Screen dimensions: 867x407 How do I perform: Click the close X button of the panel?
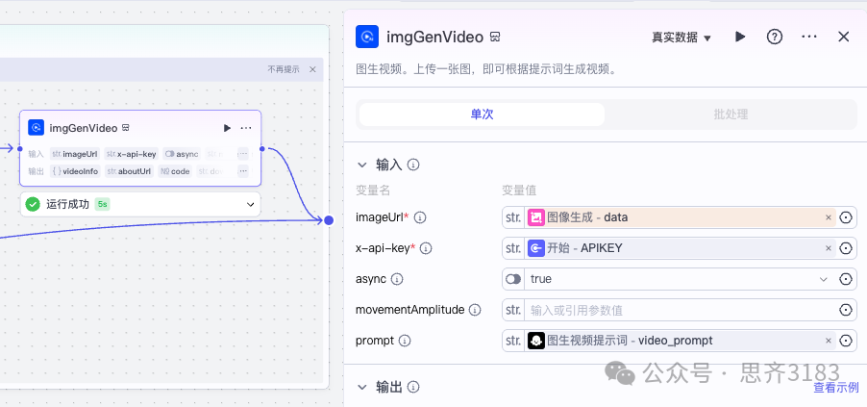844,37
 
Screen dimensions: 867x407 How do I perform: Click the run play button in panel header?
740,37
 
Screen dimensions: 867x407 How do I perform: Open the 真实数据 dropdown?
681,38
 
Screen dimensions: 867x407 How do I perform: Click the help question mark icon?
774,37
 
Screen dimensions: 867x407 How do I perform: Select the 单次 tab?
482,114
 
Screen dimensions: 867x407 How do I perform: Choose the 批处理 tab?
731,114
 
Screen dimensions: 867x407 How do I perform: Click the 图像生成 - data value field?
673,217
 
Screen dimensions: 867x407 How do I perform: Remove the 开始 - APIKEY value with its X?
829,248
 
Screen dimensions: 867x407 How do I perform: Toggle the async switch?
513,279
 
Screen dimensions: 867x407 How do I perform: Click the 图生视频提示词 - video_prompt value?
673,341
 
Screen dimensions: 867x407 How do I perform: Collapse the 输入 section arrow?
362,165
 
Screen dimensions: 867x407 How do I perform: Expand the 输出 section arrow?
362,387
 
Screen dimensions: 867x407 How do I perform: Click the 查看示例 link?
835,388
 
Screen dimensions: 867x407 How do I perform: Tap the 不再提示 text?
284,69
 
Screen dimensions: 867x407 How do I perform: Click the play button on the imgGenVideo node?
227,128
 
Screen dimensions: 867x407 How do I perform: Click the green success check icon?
33,204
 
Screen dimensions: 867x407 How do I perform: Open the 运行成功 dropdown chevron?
251,204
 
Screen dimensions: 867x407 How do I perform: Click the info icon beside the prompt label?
405,341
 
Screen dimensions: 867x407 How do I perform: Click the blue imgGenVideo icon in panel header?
367,37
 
